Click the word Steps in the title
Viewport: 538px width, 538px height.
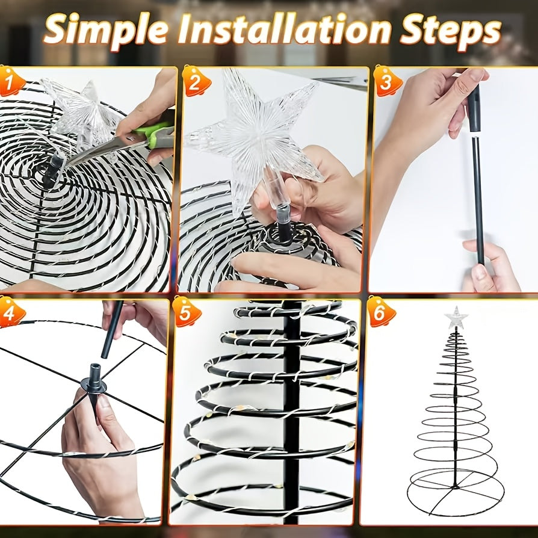(x=450, y=31)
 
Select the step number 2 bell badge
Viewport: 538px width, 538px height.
(x=196, y=82)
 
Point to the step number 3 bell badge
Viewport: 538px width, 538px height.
(x=387, y=82)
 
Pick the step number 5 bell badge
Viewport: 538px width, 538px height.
(x=187, y=312)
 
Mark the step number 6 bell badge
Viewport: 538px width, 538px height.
(x=381, y=312)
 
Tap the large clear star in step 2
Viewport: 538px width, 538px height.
(x=254, y=137)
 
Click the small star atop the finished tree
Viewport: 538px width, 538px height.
(x=456, y=317)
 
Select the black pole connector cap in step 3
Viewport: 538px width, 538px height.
(x=474, y=109)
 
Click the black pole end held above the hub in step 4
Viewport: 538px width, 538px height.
(x=111, y=330)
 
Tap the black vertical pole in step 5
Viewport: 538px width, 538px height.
(x=292, y=412)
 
